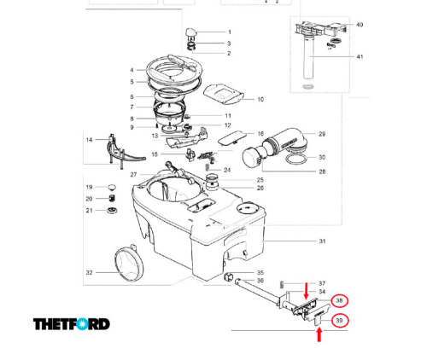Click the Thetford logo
[72, 324]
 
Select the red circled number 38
[339, 300]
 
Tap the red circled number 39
[339, 321]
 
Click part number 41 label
[360, 57]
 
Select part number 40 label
[360, 26]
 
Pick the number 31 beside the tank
[322, 241]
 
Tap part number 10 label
[260, 100]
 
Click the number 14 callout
[89, 139]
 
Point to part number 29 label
[322, 135]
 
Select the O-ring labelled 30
[296, 160]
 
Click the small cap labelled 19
[112, 187]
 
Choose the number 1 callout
[229, 32]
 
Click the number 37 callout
[322, 283]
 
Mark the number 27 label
[134, 175]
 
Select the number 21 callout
[89, 210]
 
